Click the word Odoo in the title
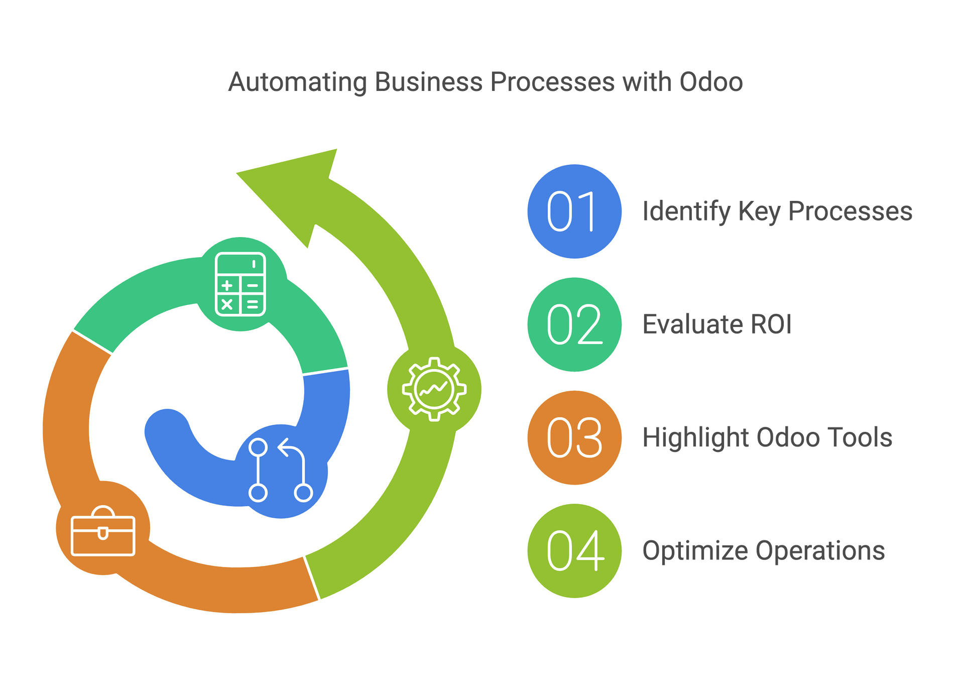(711, 82)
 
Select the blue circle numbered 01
(574, 211)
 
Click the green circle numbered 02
(574, 324)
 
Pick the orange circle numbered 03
(574, 437)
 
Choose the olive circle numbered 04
(574, 551)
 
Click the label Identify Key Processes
(777, 211)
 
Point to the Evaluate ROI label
(717, 324)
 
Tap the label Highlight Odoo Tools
(767, 437)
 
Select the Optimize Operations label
(764, 551)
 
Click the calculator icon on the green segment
(240, 284)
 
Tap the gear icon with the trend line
(434, 389)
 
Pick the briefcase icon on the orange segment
(103, 531)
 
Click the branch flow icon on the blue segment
(281, 470)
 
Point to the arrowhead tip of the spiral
(236, 173)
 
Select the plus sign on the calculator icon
(227, 286)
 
